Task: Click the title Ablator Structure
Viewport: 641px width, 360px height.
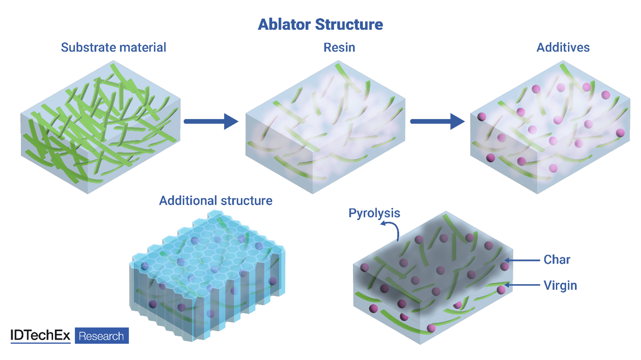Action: click(x=320, y=24)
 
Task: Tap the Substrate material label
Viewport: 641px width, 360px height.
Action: click(x=113, y=47)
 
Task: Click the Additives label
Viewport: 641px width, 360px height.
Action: click(x=563, y=47)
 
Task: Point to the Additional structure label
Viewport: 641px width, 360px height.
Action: click(x=215, y=200)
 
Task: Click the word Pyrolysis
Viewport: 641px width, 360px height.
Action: click(x=374, y=213)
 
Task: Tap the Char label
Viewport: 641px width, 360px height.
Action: click(x=556, y=260)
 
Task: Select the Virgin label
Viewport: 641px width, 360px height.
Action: click(x=560, y=285)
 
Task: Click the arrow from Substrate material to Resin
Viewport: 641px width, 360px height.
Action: click(x=211, y=121)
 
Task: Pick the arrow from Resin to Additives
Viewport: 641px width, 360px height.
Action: click(x=437, y=122)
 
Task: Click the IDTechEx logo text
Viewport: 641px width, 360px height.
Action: click(x=40, y=336)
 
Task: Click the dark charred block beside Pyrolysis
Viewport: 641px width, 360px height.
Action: click(x=432, y=279)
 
